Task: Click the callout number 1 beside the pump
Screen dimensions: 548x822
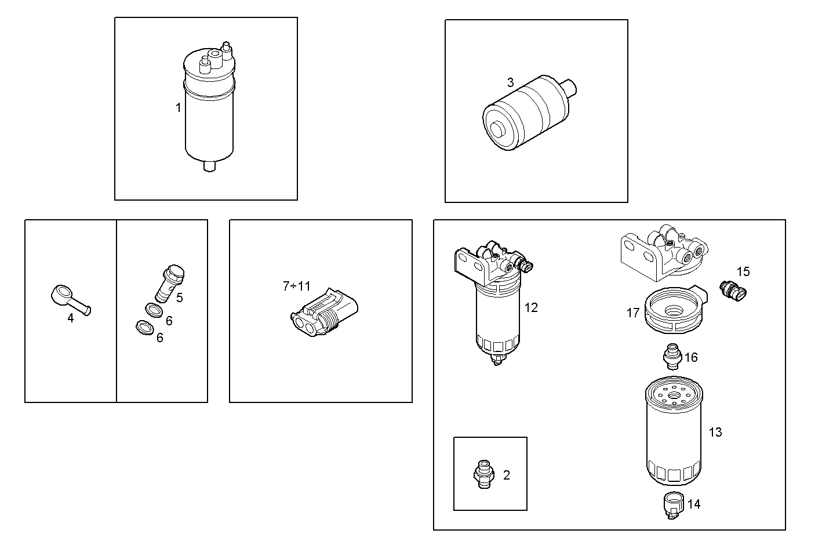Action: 179,107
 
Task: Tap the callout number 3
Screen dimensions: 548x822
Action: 510,82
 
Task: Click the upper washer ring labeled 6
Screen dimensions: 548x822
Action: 152,310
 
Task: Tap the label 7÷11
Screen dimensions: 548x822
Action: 296,286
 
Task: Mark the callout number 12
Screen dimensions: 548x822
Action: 531,307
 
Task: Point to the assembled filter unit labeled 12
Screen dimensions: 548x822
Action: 496,307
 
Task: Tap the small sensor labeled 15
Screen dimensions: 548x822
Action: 733,290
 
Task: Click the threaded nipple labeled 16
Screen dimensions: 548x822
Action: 672,355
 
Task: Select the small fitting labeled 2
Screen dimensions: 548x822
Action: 482,474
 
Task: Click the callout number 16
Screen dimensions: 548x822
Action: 691,357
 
